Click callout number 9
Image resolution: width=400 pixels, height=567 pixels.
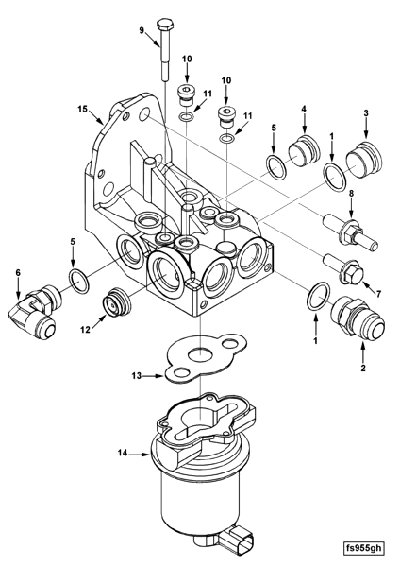pyautogui.click(x=142, y=31)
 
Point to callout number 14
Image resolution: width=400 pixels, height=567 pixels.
pyautogui.click(x=123, y=454)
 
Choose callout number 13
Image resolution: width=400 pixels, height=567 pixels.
pyautogui.click(x=137, y=376)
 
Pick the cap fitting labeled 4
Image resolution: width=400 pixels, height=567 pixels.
pyautogui.click(x=304, y=152)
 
